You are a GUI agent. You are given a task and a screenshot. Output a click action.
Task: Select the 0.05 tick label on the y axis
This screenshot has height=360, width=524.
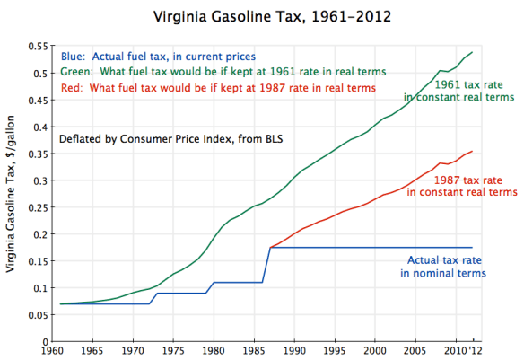tap(37, 315)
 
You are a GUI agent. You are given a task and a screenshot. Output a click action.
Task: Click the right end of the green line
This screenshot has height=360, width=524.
tap(473, 52)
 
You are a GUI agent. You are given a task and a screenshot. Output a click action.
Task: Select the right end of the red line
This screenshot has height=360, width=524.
tap(473, 151)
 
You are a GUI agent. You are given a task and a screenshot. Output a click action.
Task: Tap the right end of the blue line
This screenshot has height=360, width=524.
tap(473, 248)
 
